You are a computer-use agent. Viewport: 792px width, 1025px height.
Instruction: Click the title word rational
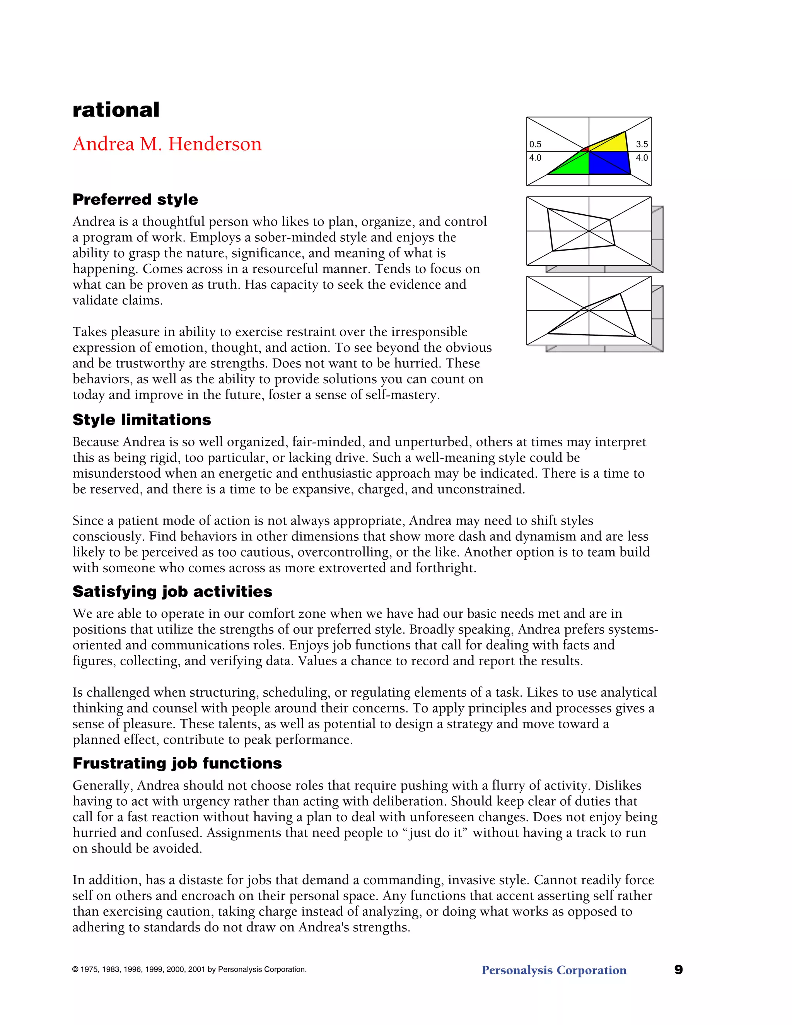[116, 110]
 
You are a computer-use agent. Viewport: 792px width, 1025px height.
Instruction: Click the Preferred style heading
[135, 200]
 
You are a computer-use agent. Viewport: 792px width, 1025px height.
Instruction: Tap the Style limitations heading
[142, 420]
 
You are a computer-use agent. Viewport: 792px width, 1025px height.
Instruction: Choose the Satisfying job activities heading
[172, 591]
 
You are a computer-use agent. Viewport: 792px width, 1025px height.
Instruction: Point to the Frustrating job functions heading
[177, 763]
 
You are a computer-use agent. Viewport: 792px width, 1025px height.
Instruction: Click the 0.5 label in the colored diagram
[535, 145]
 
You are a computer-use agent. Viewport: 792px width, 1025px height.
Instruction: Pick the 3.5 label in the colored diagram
[642, 145]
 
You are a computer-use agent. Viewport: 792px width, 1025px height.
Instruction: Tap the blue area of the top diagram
[608, 162]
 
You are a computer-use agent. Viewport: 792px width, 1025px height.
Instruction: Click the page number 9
[678, 970]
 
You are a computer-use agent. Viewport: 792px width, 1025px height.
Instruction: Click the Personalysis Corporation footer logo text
[554, 970]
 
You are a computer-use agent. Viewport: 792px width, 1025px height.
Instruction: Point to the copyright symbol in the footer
[75, 970]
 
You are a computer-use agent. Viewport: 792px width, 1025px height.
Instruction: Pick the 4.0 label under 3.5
[642, 158]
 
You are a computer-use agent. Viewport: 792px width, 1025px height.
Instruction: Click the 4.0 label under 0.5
[535, 158]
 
